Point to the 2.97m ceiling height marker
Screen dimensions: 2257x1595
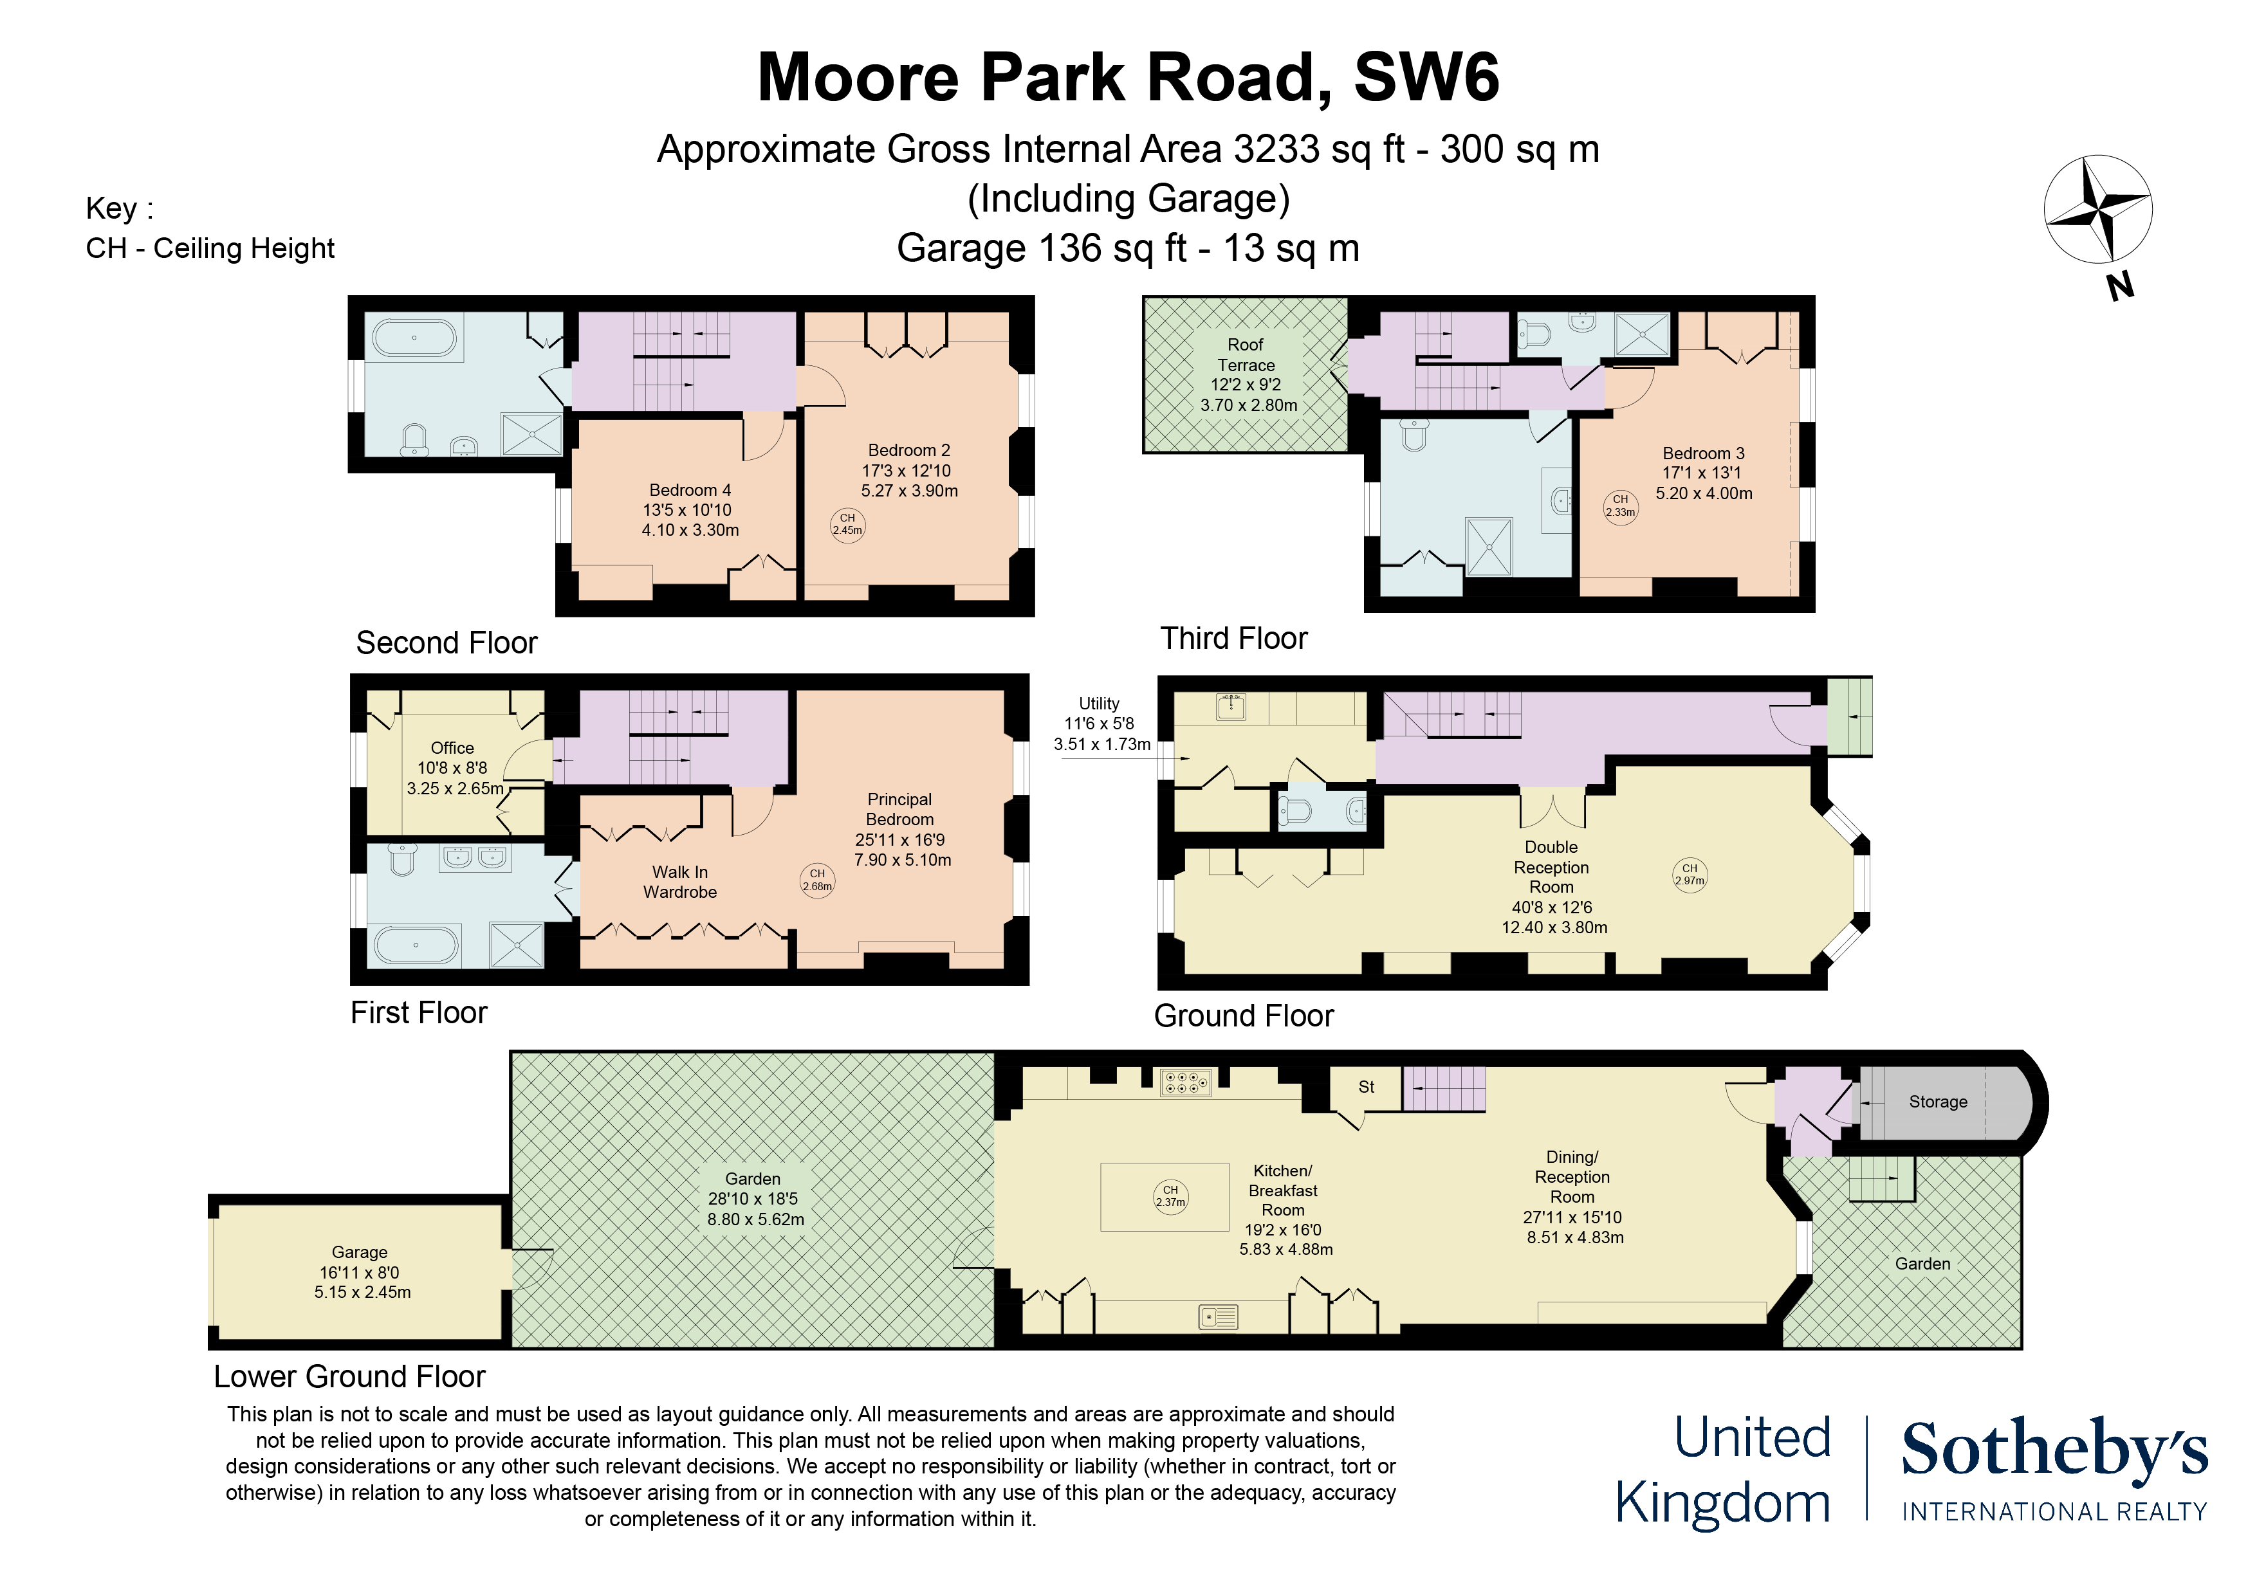coord(1689,873)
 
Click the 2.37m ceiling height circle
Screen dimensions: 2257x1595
coord(1170,1195)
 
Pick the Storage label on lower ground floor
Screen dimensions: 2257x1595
coord(1937,1102)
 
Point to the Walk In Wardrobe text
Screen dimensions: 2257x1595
coord(679,882)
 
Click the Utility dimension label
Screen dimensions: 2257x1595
coord(1101,724)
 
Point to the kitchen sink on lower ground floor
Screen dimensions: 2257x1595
coord(1218,1316)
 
